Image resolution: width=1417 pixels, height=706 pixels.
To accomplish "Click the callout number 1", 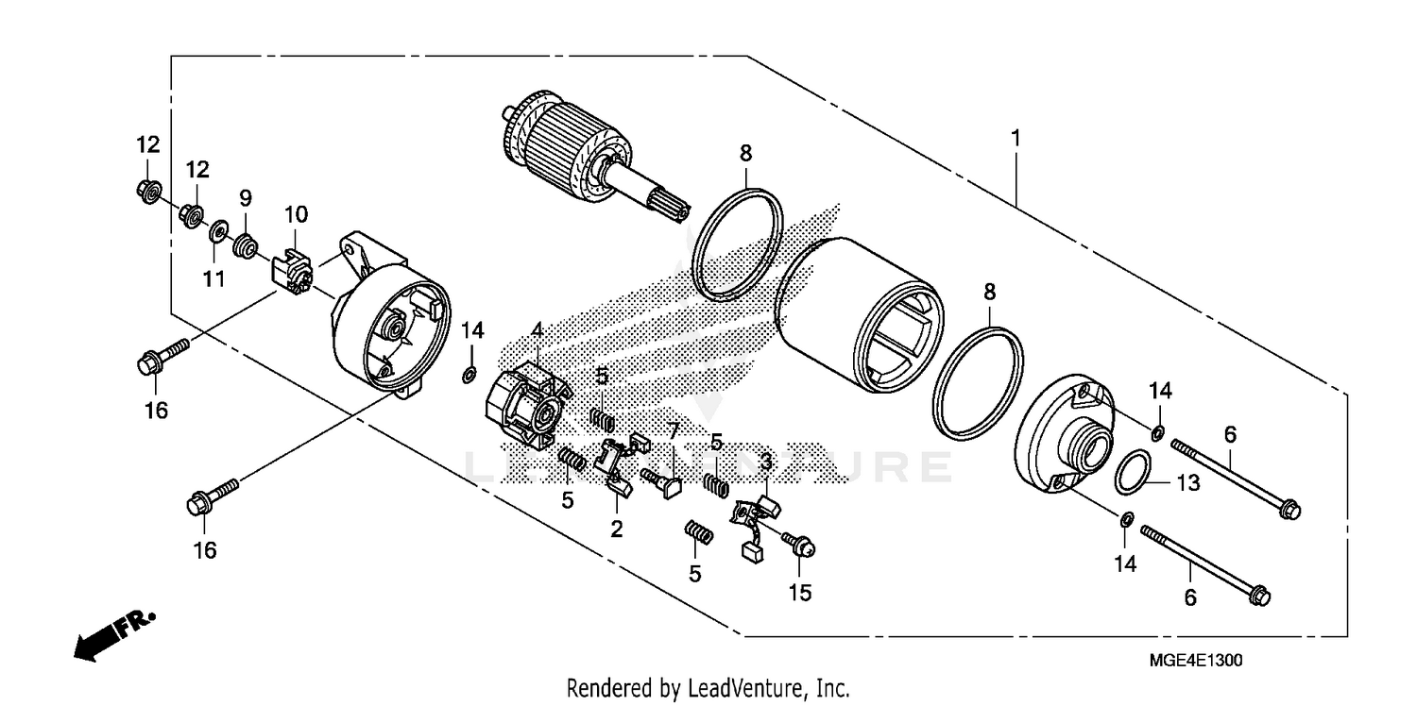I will [x=1016, y=139].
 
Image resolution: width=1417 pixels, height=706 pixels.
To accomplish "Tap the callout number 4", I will [x=536, y=330].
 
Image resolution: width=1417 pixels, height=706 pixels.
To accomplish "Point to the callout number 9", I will [x=245, y=198].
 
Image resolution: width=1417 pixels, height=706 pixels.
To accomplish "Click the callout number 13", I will [x=1187, y=483].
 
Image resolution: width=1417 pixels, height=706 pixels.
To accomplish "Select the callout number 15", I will [x=798, y=593].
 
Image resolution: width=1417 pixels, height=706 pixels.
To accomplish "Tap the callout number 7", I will [x=673, y=431].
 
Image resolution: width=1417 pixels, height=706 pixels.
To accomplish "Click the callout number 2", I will [x=616, y=529].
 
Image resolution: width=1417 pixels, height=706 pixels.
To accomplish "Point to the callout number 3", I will [x=766, y=462].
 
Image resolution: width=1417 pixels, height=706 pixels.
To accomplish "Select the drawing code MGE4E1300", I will [x=1195, y=661].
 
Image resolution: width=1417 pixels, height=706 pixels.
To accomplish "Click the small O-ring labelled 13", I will [x=1133, y=473].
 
